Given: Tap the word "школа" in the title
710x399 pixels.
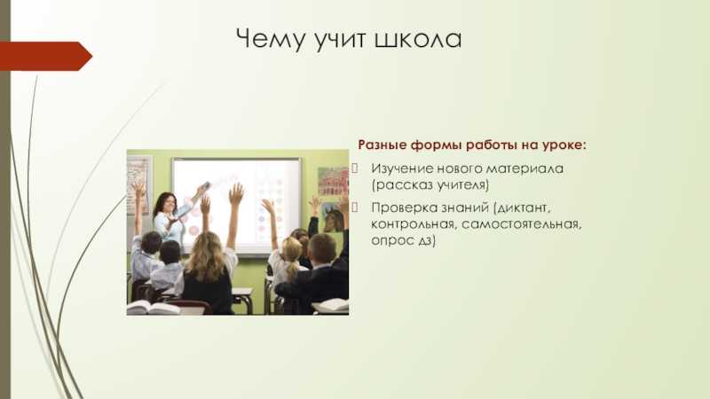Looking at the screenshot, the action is coord(418,38).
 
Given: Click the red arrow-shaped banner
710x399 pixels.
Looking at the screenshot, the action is coord(46,56).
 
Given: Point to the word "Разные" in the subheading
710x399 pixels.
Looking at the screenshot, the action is coord(383,145).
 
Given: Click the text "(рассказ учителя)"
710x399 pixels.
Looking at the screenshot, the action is coord(430,185).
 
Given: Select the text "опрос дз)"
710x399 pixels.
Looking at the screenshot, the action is coord(404,240).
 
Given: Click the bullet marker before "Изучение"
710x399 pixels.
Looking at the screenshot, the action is coord(355,168).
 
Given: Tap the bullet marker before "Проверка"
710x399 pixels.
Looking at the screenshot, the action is coord(355,207).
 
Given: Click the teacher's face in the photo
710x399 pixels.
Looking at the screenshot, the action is coord(168,204).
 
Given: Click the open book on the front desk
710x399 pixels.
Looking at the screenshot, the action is coord(153,308).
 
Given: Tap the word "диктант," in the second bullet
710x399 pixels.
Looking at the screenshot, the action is coord(522,207).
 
